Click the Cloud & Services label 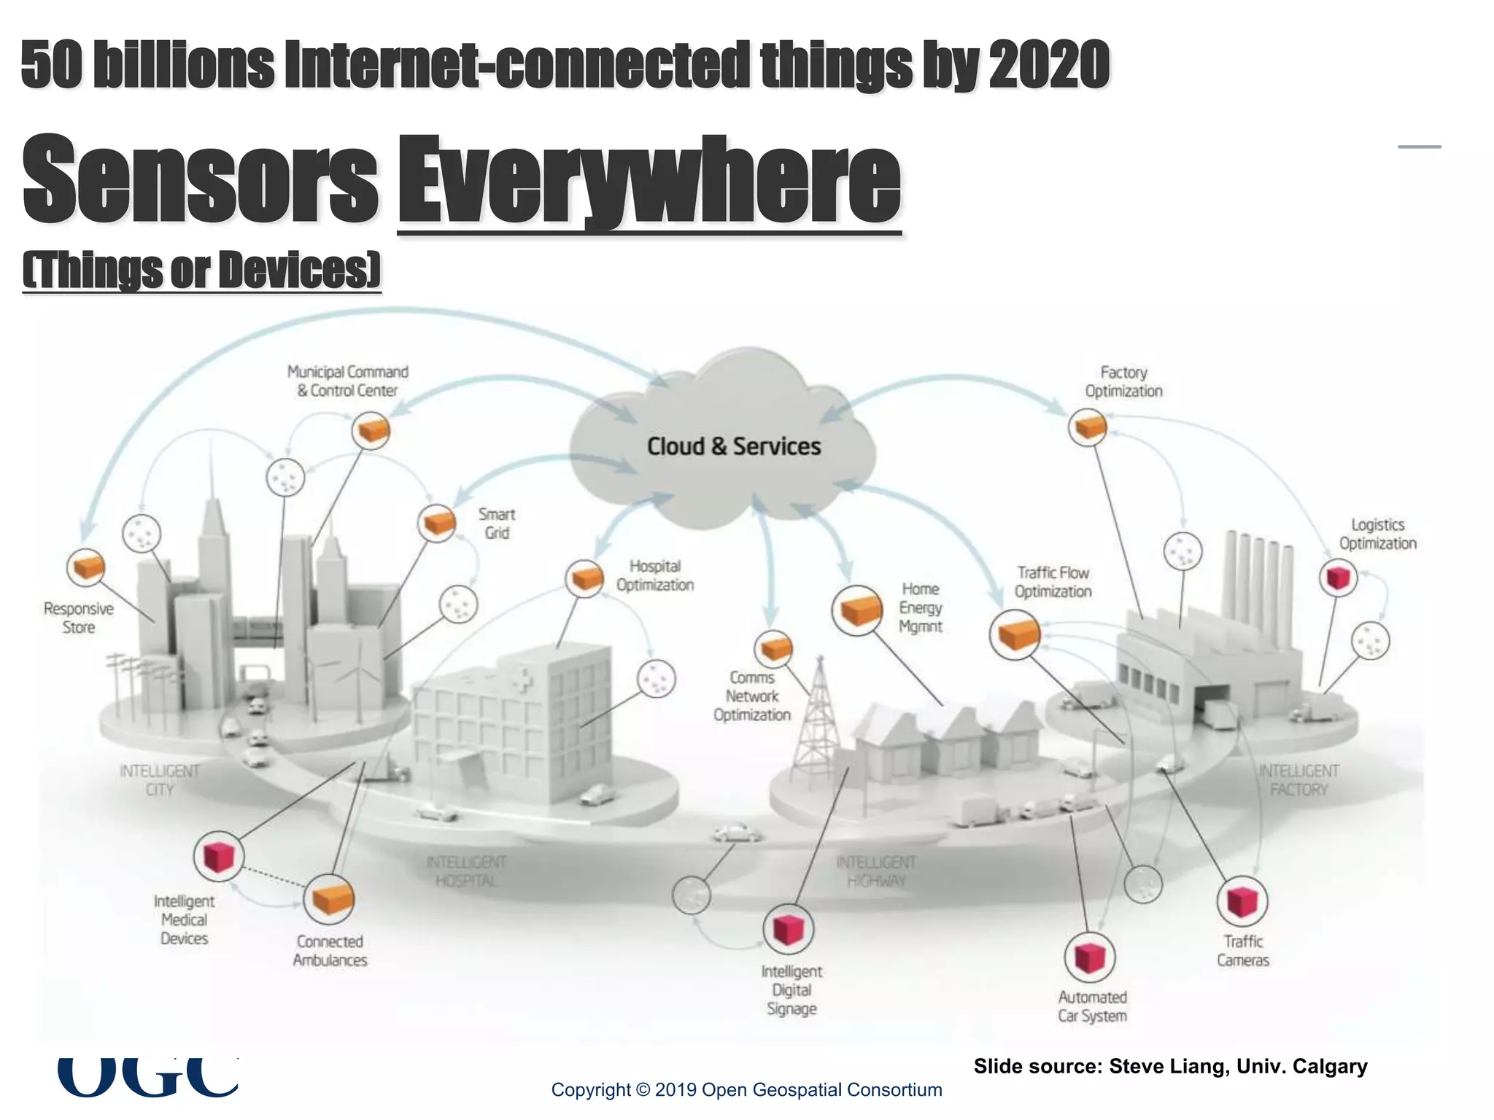[x=734, y=446]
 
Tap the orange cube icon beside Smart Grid [x=437, y=523]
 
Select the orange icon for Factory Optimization [x=1088, y=427]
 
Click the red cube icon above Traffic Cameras [x=1242, y=901]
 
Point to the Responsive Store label [x=79, y=618]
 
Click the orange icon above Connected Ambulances [x=329, y=900]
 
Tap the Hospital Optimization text [x=654, y=575]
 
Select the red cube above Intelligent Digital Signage [x=788, y=929]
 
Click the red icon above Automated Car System [x=1089, y=957]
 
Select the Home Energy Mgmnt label [x=921, y=607]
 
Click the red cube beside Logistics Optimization [x=1338, y=577]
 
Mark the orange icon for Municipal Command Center [x=371, y=430]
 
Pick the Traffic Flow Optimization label [x=1053, y=582]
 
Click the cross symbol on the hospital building [x=522, y=680]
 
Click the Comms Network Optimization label [x=752, y=696]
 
